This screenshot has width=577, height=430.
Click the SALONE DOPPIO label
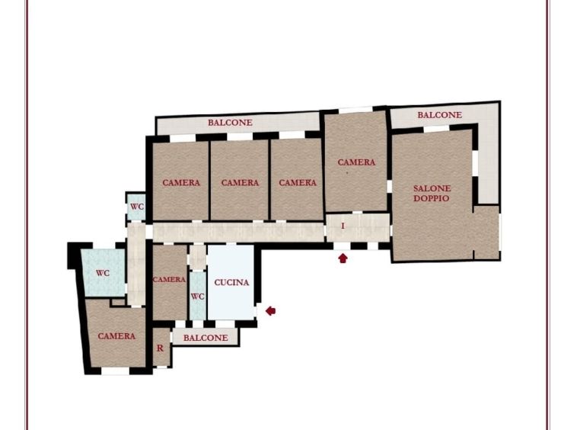point(432,194)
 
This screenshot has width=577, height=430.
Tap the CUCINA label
point(231,283)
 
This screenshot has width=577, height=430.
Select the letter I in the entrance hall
point(343,226)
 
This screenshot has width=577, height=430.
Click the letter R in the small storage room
point(160,348)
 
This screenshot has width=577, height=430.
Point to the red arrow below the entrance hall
point(343,258)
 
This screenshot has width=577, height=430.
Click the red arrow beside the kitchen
point(270,311)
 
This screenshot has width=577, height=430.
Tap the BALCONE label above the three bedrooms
point(230,123)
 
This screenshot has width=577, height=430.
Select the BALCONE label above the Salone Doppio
point(439,115)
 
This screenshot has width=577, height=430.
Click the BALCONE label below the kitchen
point(206,338)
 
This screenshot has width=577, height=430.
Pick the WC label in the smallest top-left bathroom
point(137,207)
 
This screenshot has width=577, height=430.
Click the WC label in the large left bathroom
point(103,274)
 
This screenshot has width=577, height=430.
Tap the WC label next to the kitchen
point(198,297)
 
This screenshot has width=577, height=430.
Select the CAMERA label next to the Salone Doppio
point(356,162)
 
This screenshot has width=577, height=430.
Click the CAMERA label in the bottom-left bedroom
point(116,336)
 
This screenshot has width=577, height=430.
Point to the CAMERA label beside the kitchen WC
point(169,280)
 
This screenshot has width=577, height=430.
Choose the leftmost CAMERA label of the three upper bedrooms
point(181,183)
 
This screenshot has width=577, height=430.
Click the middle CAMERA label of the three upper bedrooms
point(240,183)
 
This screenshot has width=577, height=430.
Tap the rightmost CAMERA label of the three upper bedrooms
point(298,183)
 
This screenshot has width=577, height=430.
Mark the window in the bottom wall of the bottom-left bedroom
point(115,371)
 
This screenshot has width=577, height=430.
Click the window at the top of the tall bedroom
point(355,110)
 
